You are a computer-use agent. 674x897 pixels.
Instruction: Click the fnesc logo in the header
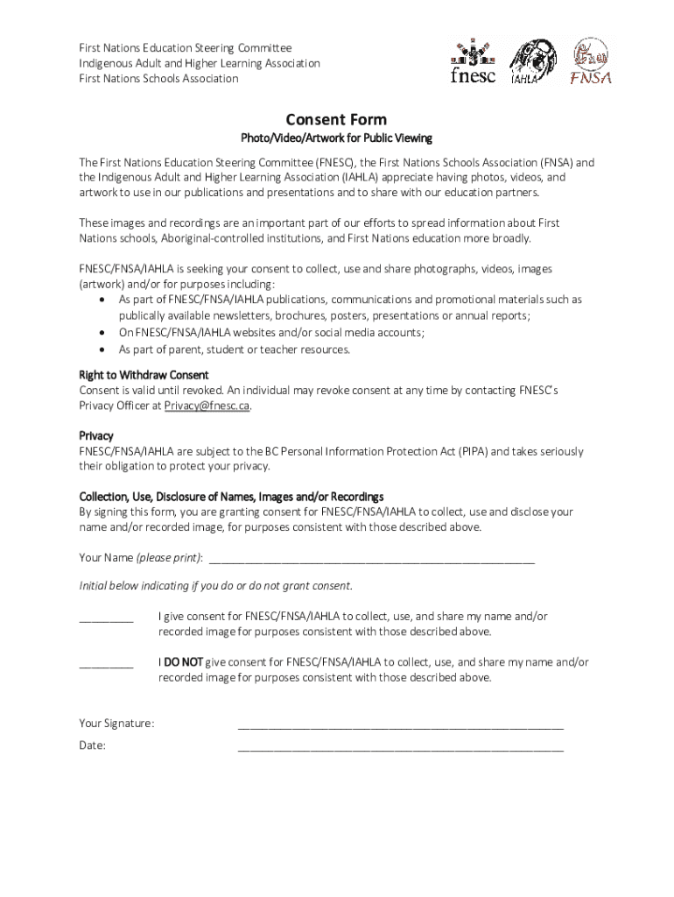(472, 62)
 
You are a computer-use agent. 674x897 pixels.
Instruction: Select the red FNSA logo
(590, 62)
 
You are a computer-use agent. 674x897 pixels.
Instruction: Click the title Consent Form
(336, 120)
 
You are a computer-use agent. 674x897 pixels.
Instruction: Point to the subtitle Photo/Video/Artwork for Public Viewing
(336, 138)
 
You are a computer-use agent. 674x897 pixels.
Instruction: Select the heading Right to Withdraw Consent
(144, 375)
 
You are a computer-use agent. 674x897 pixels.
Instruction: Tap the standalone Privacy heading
(96, 435)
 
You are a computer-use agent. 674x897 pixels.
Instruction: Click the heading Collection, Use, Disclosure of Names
(231, 497)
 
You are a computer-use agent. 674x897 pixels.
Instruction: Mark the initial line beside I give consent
(106, 618)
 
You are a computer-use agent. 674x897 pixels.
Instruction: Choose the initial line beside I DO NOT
(106, 664)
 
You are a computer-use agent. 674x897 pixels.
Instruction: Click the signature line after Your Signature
(400, 724)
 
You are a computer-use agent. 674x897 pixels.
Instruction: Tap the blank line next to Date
(400, 747)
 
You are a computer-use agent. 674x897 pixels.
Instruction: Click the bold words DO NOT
(180, 662)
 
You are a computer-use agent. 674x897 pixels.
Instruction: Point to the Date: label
(93, 745)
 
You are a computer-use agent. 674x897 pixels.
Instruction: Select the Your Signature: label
(116, 724)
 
